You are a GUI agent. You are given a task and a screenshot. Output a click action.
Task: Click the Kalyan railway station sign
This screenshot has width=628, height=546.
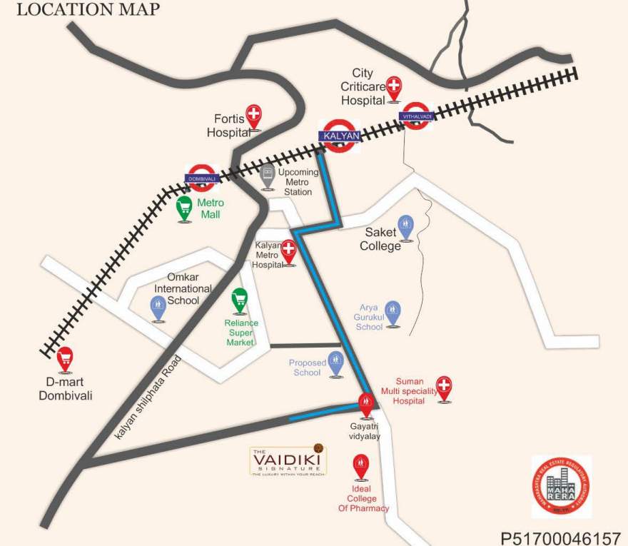click(x=338, y=135)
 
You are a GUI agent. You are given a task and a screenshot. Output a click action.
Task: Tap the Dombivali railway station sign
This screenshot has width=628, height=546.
click(x=201, y=178)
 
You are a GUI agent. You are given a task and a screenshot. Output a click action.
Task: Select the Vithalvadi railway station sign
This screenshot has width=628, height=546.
click(x=416, y=115)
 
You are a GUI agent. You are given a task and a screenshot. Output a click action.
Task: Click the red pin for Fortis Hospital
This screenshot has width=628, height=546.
click(x=254, y=115)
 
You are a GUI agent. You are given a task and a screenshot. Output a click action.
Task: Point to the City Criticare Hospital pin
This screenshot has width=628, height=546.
click(x=393, y=88)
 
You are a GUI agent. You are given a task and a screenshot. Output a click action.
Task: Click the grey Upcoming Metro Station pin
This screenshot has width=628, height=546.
click(x=268, y=175)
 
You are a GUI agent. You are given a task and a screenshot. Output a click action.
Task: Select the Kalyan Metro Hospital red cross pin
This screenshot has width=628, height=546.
click(x=288, y=251)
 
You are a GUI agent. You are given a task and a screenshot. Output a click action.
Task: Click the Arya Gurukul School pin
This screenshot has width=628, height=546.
click(x=392, y=313)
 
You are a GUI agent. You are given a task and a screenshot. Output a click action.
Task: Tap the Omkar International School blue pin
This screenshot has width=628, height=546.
click(x=158, y=308)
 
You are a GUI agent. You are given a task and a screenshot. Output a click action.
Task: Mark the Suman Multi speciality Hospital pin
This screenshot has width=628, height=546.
click(x=444, y=388)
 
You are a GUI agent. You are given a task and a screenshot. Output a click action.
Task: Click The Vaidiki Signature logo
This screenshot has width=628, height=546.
click(x=288, y=460)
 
